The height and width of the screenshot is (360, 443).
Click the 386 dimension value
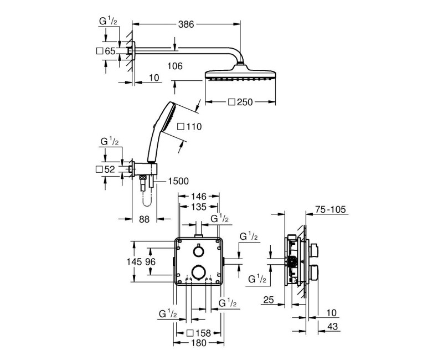click(186, 24)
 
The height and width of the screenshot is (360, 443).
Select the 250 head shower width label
click(245, 102)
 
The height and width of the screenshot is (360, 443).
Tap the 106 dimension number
click(175, 66)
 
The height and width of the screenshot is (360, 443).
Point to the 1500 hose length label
click(178, 181)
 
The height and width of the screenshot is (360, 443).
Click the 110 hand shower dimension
click(193, 126)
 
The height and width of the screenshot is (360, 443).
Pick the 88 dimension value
click(144, 219)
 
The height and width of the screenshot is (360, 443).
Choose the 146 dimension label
click(199, 196)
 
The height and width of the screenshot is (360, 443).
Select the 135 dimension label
click(199, 207)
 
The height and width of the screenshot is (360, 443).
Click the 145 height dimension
click(134, 261)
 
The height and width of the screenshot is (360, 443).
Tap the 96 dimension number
click(150, 261)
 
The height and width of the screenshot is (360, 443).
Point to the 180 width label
click(199, 343)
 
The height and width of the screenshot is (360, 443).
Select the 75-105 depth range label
click(331, 209)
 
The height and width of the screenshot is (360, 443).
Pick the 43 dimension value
click(332, 326)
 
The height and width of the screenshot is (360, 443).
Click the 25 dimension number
click(269, 300)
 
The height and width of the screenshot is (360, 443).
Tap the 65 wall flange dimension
click(110, 51)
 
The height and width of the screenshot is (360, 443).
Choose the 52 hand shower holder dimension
click(110, 169)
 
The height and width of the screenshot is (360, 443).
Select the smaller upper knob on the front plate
click(198, 251)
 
